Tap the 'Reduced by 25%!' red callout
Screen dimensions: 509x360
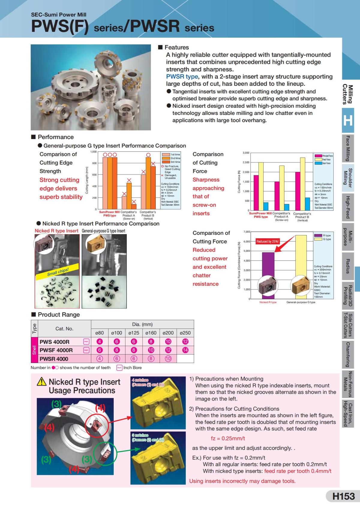click(x=268, y=241)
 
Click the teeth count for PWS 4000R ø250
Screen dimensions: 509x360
click(x=185, y=341)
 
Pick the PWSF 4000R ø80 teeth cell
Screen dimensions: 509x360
click(x=100, y=350)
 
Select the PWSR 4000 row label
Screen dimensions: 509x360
click(x=54, y=359)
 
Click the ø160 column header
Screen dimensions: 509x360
click(x=151, y=333)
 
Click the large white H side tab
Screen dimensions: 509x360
click(x=348, y=121)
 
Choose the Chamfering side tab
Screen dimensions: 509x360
click(x=348, y=355)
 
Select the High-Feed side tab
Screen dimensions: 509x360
click(x=348, y=207)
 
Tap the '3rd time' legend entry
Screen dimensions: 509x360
click(x=175, y=162)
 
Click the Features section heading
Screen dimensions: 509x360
click(x=176, y=47)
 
